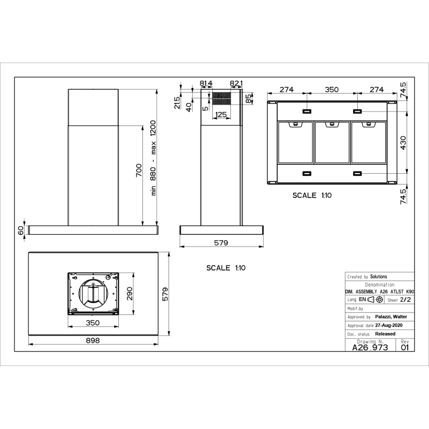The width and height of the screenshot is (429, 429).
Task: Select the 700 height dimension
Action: tap(138, 170)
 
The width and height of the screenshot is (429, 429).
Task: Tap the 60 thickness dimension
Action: tap(21, 230)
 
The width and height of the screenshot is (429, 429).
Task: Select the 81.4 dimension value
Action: tap(206, 84)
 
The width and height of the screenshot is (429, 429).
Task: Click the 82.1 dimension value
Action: tap(236, 84)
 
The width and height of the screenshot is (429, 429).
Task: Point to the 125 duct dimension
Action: tap(220, 115)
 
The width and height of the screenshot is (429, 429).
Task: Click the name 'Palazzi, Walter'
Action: tap(391, 316)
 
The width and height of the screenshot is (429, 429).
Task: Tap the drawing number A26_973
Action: tap(370, 347)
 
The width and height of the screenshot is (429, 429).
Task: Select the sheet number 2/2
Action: tap(405, 300)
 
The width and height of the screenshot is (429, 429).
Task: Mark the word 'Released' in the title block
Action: tap(385, 334)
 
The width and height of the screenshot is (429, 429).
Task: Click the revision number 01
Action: tap(405, 347)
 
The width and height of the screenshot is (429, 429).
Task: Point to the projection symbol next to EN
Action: tap(376, 300)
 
